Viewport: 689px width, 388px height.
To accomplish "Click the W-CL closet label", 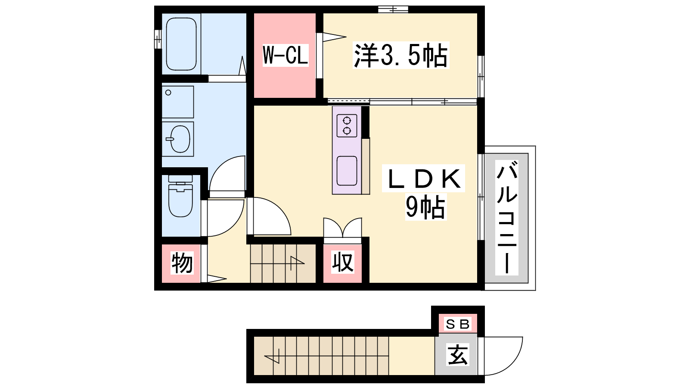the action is click(x=285, y=55).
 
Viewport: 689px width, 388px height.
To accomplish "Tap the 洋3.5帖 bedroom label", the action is click(x=401, y=55).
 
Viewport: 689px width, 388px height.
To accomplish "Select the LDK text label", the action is click(x=424, y=178).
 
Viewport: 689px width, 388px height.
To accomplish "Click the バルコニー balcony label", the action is click(x=506, y=218).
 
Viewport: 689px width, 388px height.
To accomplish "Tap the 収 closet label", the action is click(x=343, y=262).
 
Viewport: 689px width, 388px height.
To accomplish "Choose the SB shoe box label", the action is click(x=457, y=324).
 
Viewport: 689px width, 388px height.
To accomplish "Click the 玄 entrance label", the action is click(x=458, y=354).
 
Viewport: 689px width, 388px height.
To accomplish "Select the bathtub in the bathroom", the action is click(x=181, y=44).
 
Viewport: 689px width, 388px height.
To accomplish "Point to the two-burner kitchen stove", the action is click(x=347, y=125).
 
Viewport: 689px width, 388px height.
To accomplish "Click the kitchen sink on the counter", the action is click(x=347, y=171).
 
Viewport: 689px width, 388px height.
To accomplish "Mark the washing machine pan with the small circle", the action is click(x=178, y=102).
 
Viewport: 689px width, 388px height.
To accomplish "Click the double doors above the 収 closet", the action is click(x=343, y=228).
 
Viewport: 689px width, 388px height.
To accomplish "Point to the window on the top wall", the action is click(x=393, y=9).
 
